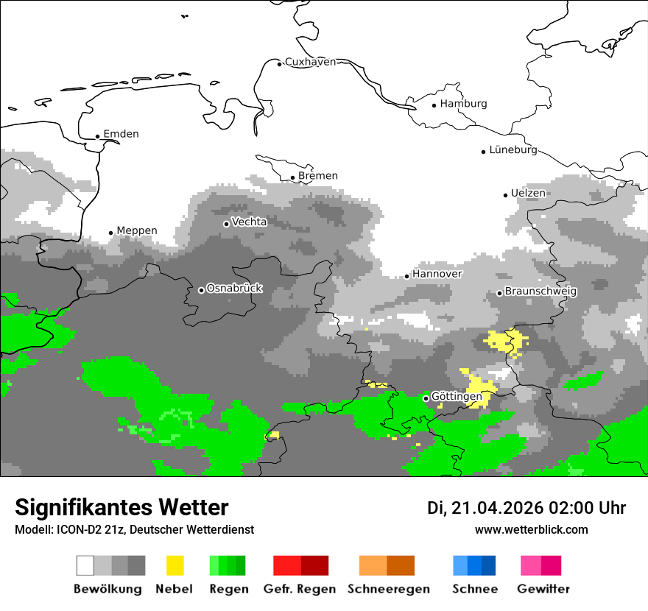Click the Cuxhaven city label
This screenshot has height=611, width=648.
pos(310,62)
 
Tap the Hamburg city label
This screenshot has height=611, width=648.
pos(463,104)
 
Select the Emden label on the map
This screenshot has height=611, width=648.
pos(121,134)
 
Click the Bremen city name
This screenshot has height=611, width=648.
pos(318,176)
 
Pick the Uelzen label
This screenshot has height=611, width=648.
pos(528,193)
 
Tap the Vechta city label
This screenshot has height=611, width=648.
pos(249,222)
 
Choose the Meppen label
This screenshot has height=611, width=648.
pos(137,230)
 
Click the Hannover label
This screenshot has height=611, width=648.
pos(437,274)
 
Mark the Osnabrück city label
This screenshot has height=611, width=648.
pos(234,289)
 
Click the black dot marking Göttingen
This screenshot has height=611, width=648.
pos(426,398)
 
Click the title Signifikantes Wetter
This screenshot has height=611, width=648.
pos(121,507)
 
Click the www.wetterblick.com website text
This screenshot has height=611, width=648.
pos(532,529)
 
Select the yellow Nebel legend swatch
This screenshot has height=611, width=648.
pos(175,565)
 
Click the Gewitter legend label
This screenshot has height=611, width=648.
pos(543,589)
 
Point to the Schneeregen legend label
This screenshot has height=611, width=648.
pos(389,589)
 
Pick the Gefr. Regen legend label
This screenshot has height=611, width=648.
pos(300,589)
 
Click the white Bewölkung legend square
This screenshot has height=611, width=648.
pos(85,565)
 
